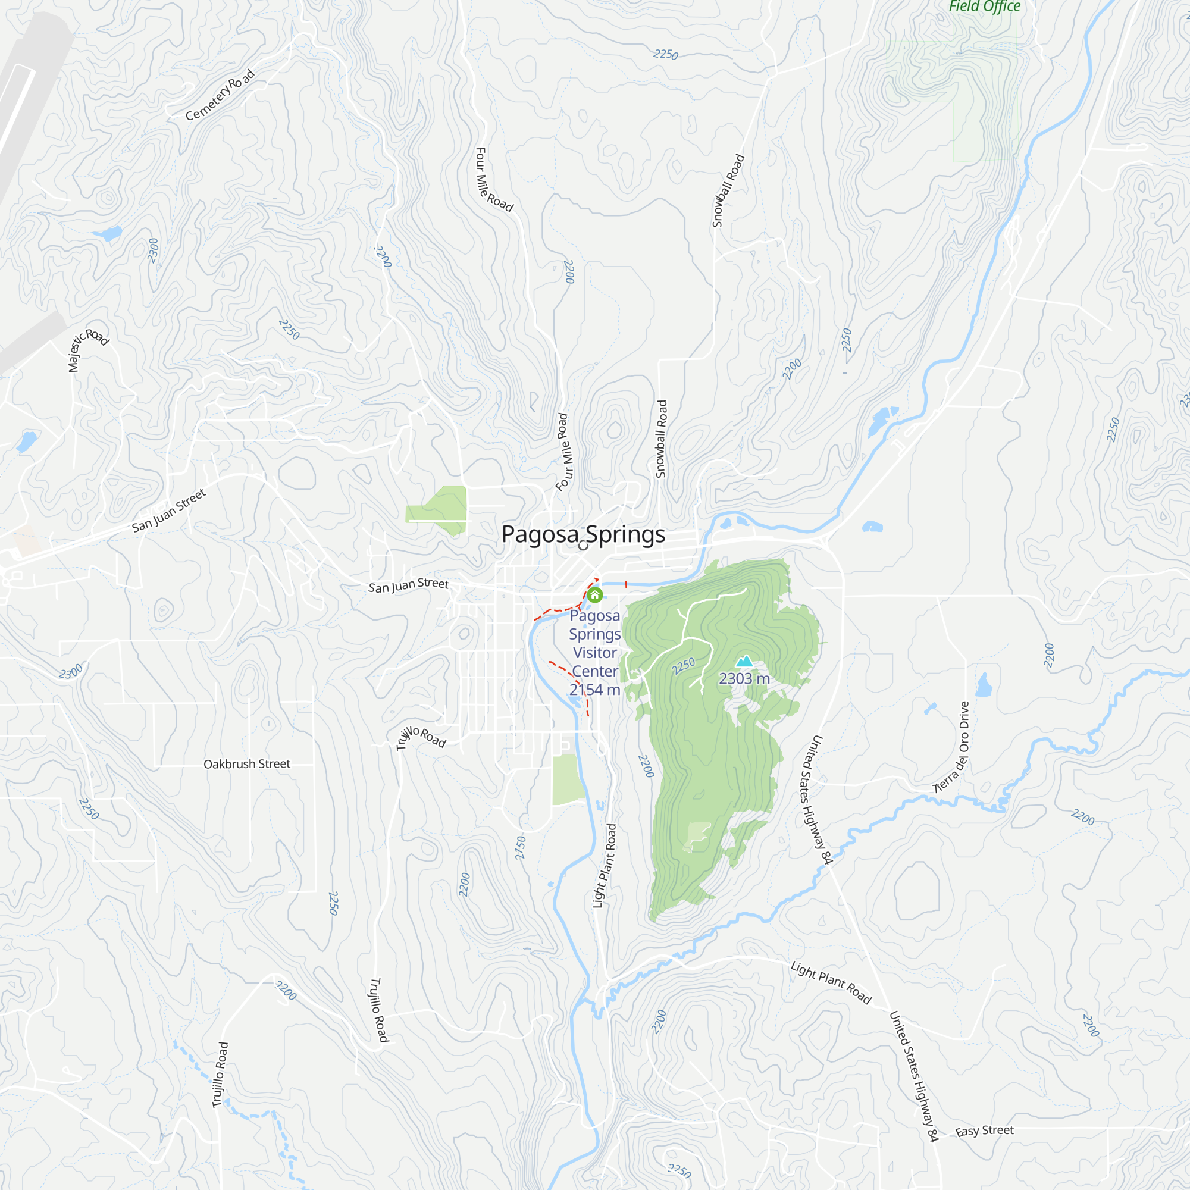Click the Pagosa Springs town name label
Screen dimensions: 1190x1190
tap(583, 534)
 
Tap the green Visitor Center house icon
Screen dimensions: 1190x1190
tap(594, 595)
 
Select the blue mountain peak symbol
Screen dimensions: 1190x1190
tap(745, 661)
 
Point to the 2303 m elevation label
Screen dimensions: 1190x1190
tap(744, 679)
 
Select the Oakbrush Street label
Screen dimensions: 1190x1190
tap(246, 764)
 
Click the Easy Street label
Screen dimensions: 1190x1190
tap(984, 1131)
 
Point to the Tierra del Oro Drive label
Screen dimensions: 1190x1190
tap(953, 747)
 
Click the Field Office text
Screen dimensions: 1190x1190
tap(984, 7)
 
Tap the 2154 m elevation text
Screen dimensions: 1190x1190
tap(594, 690)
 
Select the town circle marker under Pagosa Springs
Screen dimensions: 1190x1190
tap(583, 546)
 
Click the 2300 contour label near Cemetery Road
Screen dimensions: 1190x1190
tap(154, 250)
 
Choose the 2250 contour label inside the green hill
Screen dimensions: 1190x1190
tap(683, 666)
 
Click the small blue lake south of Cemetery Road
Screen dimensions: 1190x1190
tap(108, 234)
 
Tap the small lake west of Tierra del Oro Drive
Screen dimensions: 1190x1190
tap(984, 685)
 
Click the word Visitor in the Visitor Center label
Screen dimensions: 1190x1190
tap(594, 653)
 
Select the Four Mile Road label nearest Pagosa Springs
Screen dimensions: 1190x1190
tap(563, 453)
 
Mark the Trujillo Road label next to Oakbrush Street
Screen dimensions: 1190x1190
tap(421, 737)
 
